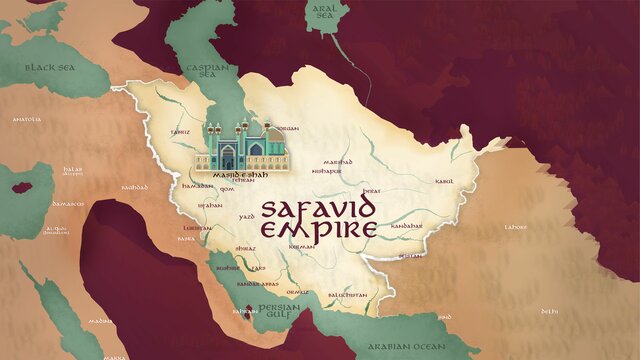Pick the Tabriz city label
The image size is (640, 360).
(x=179, y=130)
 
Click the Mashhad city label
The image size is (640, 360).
(x=338, y=161)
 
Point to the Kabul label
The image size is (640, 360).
(x=445, y=181)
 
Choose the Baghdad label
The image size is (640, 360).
(x=134, y=187)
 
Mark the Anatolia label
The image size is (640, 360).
(x=27, y=119)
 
